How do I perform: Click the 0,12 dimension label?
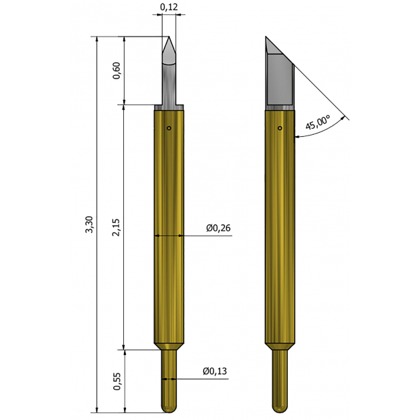[x=169, y=7]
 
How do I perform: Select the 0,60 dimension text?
[x=117, y=70]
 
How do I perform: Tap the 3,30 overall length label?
[x=89, y=224]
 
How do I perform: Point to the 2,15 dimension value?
[x=116, y=227]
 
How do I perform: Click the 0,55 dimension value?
[x=117, y=381]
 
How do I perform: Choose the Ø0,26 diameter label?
[x=218, y=228]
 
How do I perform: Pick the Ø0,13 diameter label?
[x=215, y=371]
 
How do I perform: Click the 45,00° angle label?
[x=318, y=123]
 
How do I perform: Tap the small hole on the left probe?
[x=169, y=128]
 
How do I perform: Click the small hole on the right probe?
[x=280, y=128]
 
